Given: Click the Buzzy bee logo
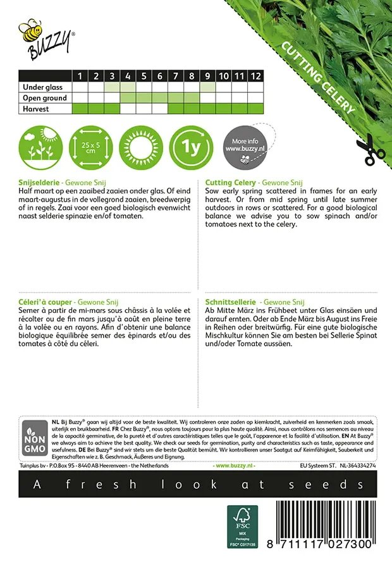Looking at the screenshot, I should (45, 39).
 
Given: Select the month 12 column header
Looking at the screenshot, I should (255, 76).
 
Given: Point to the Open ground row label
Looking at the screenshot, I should (45, 98).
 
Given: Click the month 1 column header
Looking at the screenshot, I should (80, 76).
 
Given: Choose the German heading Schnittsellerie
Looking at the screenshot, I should (232, 303).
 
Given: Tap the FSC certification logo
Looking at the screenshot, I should (243, 526).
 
